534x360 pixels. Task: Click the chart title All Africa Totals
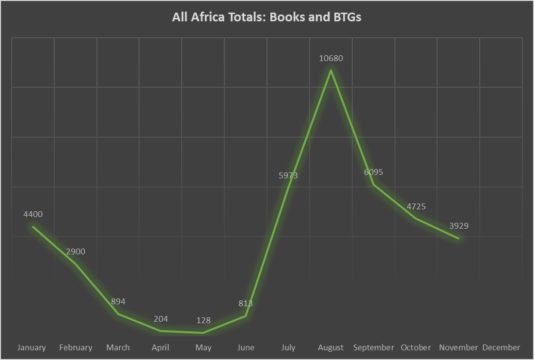[x=267, y=17]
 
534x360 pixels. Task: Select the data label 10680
[x=331, y=58]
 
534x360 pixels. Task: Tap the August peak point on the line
[x=331, y=70]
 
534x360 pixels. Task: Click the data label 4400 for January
[x=33, y=214]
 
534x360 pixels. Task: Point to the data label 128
[x=204, y=320]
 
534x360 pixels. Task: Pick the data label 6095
[x=373, y=172]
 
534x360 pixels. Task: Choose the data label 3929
[x=458, y=226]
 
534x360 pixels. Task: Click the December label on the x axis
[x=501, y=347]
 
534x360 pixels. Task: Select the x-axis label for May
[x=204, y=347]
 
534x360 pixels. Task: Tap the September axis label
[x=373, y=347]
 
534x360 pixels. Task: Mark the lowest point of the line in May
[x=204, y=333]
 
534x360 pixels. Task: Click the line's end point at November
[x=458, y=238]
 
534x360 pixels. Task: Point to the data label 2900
[x=76, y=251]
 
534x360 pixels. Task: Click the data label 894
[x=118, y=301]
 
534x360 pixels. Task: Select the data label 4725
[x=416, y=206]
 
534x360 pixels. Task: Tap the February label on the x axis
[x=76, y=347]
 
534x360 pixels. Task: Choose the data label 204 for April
[x=161, y=319]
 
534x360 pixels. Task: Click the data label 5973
[x=288, y=175]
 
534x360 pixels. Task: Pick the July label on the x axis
[x=288, y=347]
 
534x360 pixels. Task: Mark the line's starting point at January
[x=33, y=226]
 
